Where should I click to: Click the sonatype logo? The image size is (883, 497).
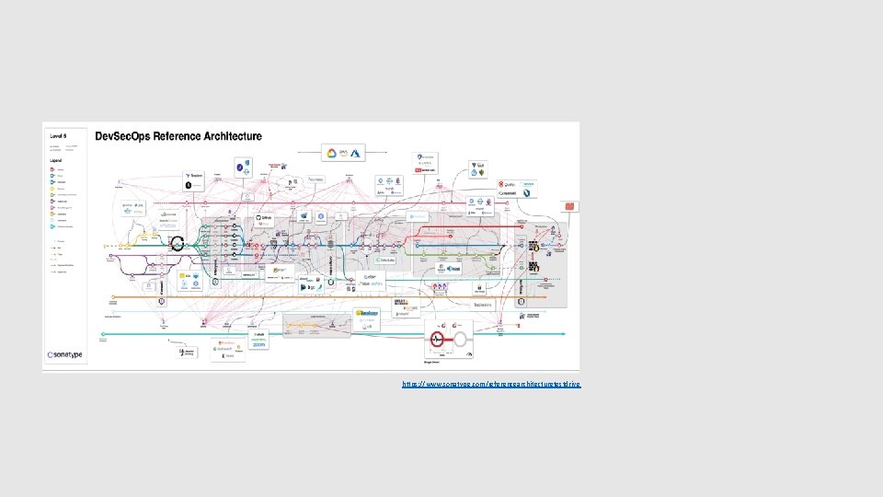67,353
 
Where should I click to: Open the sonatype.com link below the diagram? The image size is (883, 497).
491,384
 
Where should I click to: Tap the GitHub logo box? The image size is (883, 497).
264,219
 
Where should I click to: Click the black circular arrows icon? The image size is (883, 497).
178,244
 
